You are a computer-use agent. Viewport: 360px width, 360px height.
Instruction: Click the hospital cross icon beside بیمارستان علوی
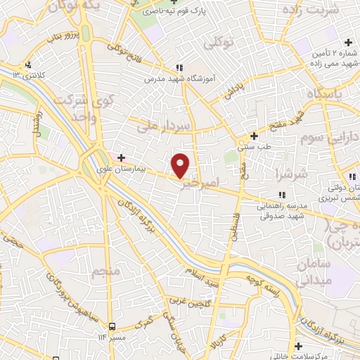coord(121,157)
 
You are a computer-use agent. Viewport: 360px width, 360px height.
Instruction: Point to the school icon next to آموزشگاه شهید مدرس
coord(180,68)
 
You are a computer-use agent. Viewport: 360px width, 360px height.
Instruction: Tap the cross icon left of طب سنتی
coord(255,136)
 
